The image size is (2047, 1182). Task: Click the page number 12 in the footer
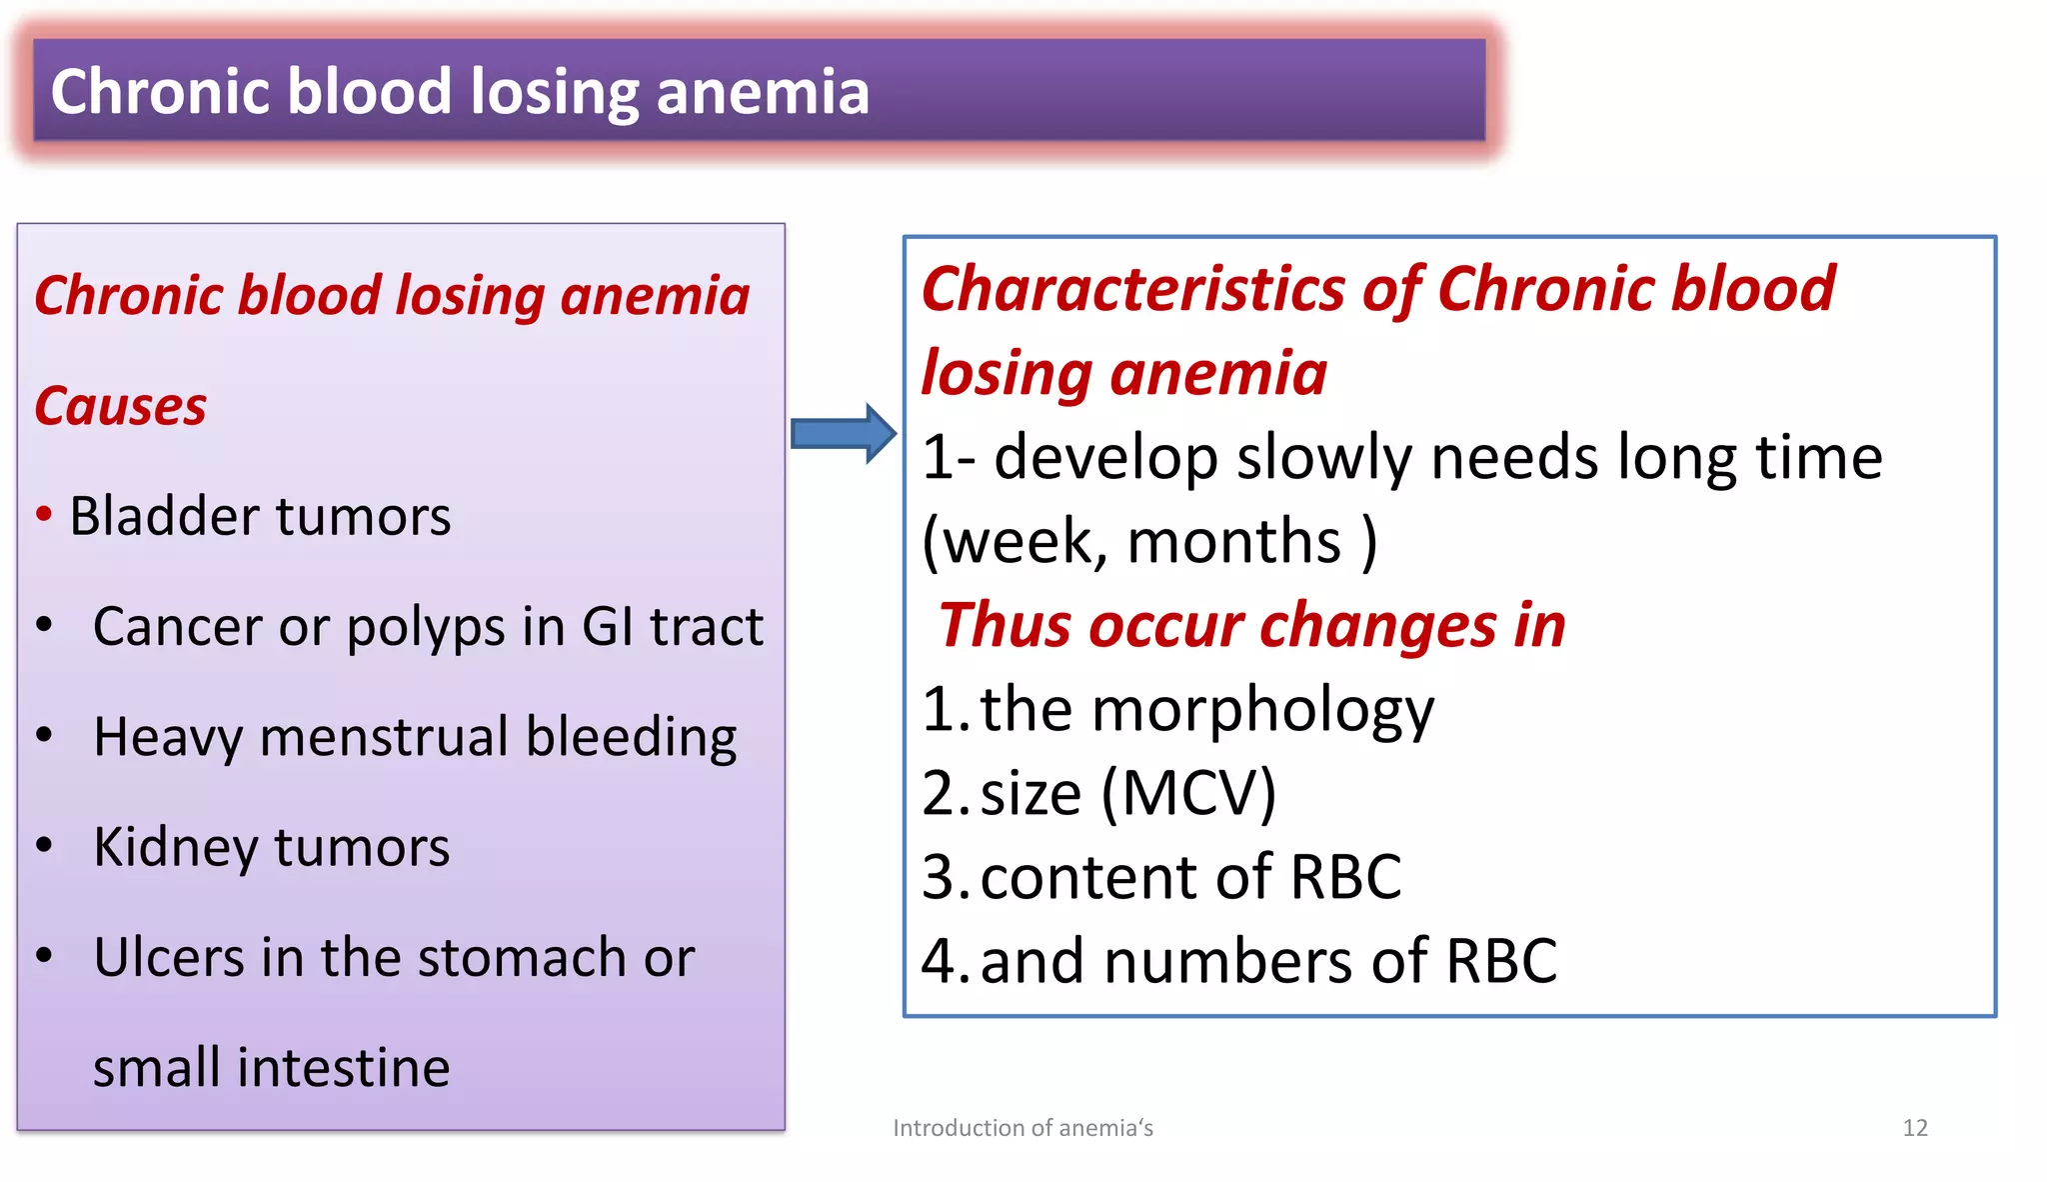click(x=1914, y=1128)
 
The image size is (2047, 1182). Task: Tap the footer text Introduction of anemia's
click(x=1023, y=1128)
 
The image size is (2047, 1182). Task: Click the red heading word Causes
click(x=121, y=407)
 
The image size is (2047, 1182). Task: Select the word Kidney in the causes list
click(x=176, y=848)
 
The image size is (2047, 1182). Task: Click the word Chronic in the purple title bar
click(x=161, y=92)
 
